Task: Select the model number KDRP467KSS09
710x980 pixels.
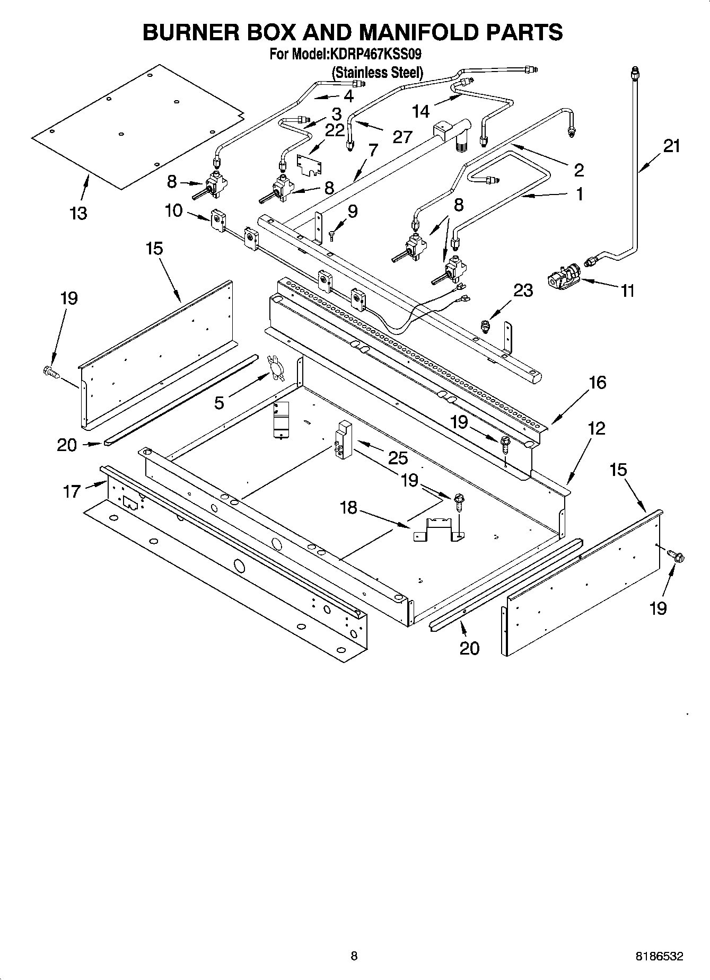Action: tap(375, 54)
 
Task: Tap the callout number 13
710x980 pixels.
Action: tap(78, 214)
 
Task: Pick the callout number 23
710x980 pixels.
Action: tap(523, 290)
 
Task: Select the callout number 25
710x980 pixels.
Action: tap(398, 457)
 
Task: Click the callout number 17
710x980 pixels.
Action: tap(72, 492)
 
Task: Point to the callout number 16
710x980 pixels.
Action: tap(597, 382)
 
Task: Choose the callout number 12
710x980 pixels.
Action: tap(597, 428)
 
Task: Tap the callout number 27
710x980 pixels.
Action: tap(402, 137)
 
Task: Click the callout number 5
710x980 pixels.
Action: tap(219, 403)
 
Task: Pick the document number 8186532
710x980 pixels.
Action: tap(659, 956)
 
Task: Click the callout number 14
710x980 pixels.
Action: tap(420, 111)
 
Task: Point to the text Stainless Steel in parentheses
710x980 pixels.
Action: tap(377, 72)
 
